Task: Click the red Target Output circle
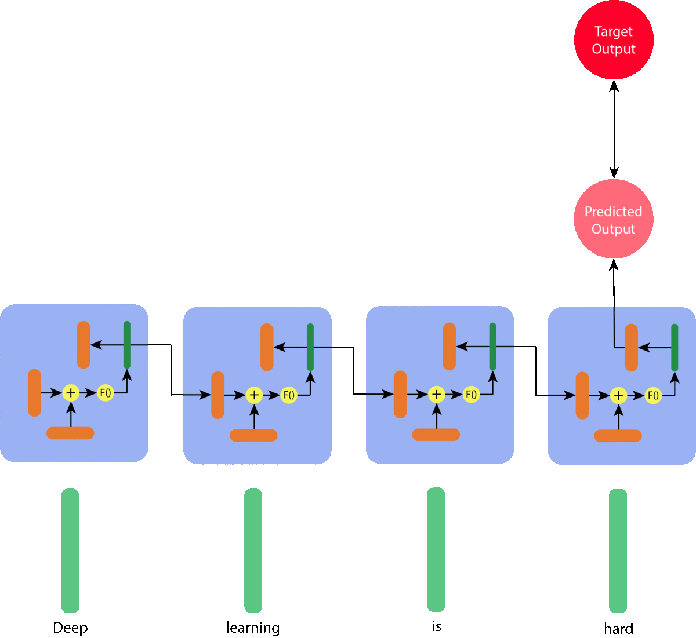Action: click(x=614, y=40)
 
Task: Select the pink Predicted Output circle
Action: click(x=614, y=219)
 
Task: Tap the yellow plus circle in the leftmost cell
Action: click(x=71, y=393)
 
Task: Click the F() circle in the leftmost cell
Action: click(x=106, y=393)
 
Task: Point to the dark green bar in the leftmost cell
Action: click(x=127, y=345)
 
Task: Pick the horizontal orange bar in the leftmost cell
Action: click(x=70, y=433)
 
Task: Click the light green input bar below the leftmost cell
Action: click(x=70, y=550)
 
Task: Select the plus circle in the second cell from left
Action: click(x=254, y=395)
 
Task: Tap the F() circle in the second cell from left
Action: click(x=289, y=395)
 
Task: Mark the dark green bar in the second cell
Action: click(x=310, y=347)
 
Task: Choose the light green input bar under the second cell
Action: click(x=253, y=550)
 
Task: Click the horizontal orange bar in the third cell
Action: click(x=436, y=435)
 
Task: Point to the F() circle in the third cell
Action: click(x=472, y=395)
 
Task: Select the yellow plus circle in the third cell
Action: click(x=437, y=395)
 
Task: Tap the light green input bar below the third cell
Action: click(x=436, y=549)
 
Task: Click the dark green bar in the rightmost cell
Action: click(x=675, y=348)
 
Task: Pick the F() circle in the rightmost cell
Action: click(x=654, y=396)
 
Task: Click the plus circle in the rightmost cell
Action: click(x=619, y=396)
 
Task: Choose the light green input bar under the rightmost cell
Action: click(x=618, y=550)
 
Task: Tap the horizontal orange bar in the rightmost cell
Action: click(x=618, y=436)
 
